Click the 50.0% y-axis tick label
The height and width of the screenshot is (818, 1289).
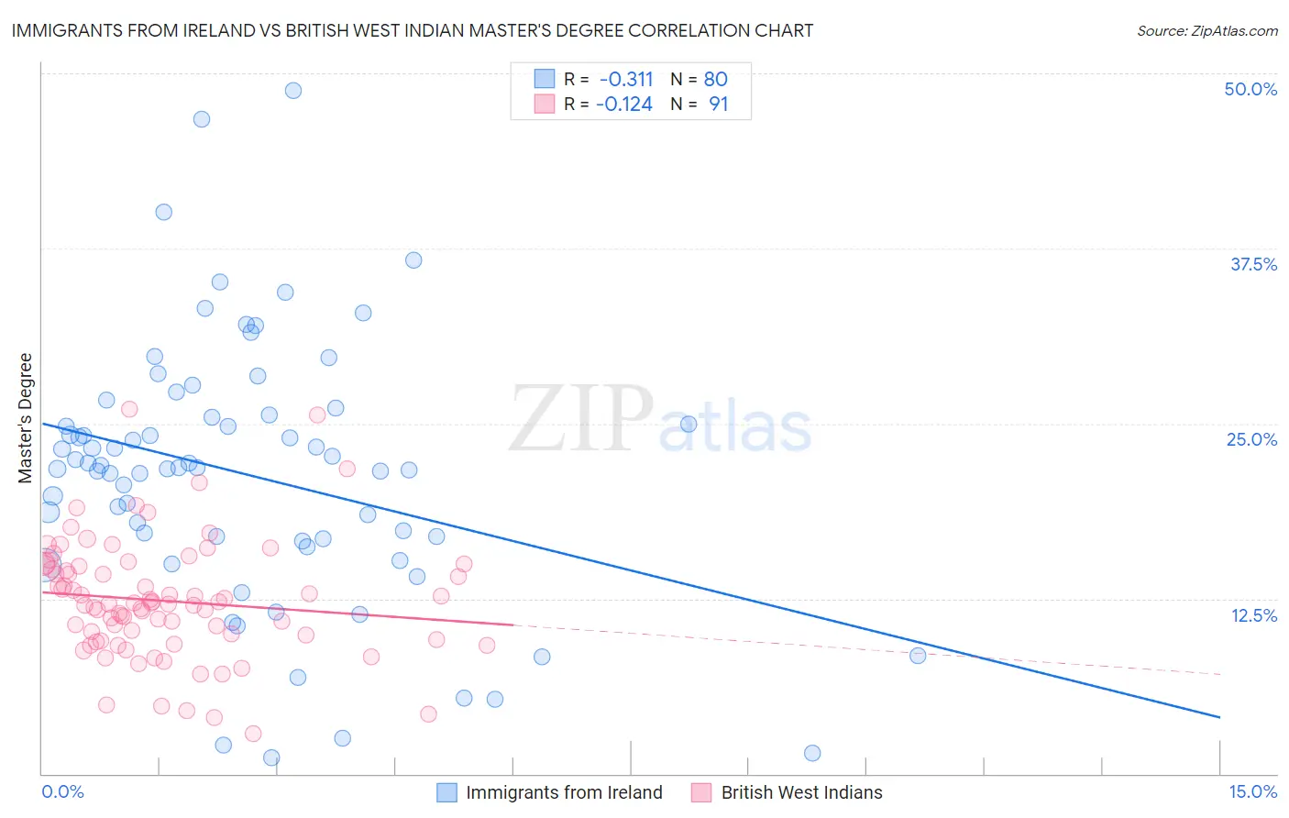tap(1250, 89)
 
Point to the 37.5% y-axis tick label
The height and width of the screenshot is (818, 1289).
tap(1253, 264)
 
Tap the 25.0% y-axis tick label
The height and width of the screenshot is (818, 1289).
tap(1251, 439)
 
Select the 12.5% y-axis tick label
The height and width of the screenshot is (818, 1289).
tap(1253, 615)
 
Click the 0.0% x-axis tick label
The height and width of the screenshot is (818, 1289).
tap(62, 791)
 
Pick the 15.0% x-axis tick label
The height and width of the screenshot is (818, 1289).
tap(1252, 791)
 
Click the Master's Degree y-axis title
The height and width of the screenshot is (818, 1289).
tap(26, 418)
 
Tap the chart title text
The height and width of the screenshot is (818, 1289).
tap(412, 30)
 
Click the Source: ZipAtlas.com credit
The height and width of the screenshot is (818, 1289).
tap(1206, 30)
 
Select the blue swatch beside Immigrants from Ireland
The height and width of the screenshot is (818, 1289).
tap(446, 792)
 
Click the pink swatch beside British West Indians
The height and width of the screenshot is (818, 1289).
tap(701, 792)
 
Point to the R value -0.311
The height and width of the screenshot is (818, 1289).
tap(626, 79)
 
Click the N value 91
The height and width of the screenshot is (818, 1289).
tap(718, 105)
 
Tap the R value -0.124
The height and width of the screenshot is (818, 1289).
tap(624, 105)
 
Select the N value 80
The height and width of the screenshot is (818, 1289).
tap(715, 79)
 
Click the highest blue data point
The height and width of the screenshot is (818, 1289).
tap(293, 90)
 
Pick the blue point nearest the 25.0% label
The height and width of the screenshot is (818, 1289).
tap(689, 424)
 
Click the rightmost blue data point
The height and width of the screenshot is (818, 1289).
tap(918, 655)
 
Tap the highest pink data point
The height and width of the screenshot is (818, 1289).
tap(129, 409)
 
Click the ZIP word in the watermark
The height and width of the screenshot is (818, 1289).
tap(581, 418)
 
